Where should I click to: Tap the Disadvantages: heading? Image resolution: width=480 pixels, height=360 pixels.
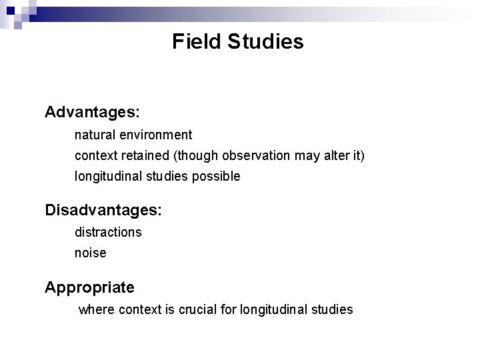[x=103, y=210]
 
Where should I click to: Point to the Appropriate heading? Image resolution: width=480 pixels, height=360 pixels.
[x=89, y=287]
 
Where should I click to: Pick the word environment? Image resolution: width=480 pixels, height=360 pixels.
[x=156, y=135]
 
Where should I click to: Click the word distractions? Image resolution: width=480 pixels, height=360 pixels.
[x=108, y=232]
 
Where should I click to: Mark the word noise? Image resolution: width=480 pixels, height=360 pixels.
[x=90, y=253]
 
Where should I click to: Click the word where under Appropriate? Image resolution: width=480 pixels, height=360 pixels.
[x=97, y=309]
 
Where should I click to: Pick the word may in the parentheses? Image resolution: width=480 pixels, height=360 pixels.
[x=303, y=155]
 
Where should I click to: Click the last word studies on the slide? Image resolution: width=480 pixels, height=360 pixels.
[x=329, y=309]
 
